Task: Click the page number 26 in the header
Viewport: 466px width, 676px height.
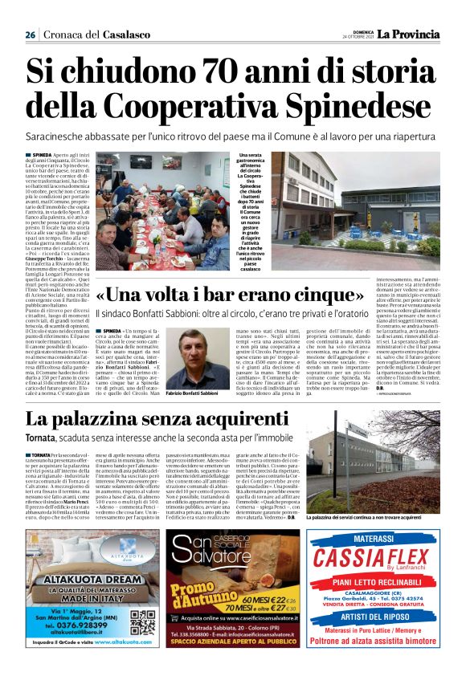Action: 31,35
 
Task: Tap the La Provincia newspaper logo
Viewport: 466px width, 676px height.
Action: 410,34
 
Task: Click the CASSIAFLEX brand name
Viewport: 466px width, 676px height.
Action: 371,556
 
